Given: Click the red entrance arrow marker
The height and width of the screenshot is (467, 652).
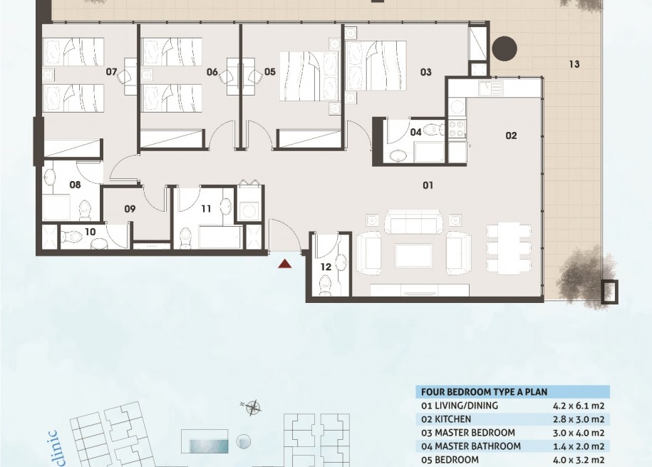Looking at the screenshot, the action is tap(285, 264).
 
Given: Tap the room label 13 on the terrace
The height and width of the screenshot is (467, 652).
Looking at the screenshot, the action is tap(574, 64).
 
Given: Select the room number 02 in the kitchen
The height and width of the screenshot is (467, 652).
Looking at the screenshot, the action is tap(511, 135).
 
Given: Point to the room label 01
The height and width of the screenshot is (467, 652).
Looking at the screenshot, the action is tap(428, 185).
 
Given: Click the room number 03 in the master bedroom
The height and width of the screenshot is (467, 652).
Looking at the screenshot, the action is tap(426, 72).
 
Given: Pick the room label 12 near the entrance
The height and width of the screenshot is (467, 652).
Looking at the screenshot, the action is tap(326, 267).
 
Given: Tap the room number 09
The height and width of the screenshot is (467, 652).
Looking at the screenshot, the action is tap(130, 208).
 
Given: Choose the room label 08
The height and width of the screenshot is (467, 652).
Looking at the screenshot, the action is tap(75, 185).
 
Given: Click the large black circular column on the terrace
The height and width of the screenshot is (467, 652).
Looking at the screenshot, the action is tap(504, 48).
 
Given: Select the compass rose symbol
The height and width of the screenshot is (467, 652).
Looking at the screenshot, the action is tap(252, 408).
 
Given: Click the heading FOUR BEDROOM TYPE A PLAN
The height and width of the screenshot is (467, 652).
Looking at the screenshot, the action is tap(484, 392).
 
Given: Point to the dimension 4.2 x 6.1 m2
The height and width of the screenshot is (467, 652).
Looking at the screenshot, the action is tap(579, 406).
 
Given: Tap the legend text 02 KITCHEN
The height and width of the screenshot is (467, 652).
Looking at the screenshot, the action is tap(446, 419).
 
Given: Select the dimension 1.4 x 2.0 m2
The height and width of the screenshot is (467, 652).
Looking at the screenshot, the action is tap(579, 446).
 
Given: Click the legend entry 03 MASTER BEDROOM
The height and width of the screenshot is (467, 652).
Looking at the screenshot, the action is tap(467, 433).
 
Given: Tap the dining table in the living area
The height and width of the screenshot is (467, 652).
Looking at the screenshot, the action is tap(509, 248).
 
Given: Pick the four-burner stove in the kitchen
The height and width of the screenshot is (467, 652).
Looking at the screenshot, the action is tap(457, 128).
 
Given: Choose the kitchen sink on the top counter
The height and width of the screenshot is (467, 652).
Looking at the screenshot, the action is tap(491, 88).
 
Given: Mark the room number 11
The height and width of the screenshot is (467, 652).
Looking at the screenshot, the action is tap(206, 208).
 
